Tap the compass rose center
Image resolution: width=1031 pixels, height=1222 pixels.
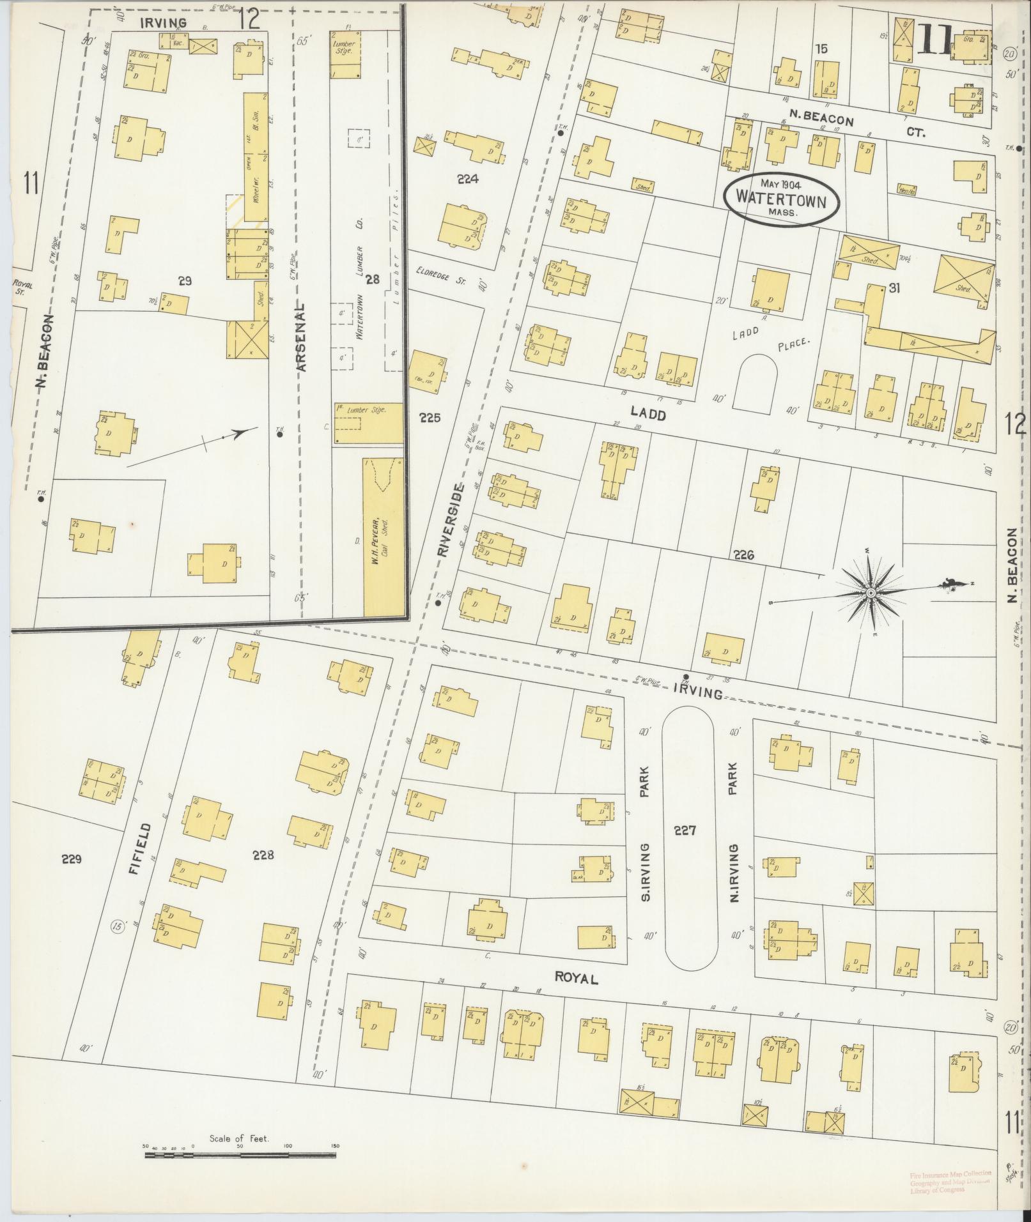click(x=870, y=594)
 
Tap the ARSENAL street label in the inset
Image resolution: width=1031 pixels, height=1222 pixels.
click(x=302, y=337)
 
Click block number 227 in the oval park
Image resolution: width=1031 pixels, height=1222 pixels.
click(x=684, y=831)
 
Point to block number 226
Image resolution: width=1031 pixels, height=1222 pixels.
click(x=744, y=555)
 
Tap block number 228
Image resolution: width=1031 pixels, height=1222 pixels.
click(x=263, y=855)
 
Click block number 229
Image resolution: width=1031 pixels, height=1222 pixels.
click(x=72, y=859)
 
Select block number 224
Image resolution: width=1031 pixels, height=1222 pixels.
click(x=468, y=179)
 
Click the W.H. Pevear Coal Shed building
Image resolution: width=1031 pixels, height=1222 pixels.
click(x=384, y=537)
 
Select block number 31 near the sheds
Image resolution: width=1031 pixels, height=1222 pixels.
click(x=894, y=289)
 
